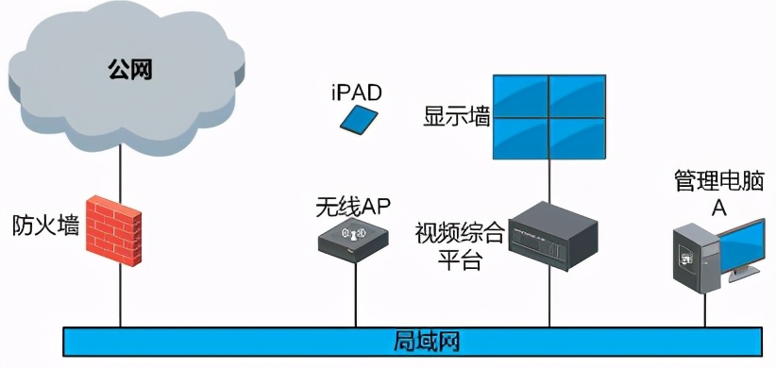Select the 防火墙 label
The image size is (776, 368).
click(x=44, y=226)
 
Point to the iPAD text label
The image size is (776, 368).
click(x=358, y=92)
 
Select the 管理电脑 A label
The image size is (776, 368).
click(x=717, y=192)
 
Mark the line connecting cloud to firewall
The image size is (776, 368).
click(x=120, y=176)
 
